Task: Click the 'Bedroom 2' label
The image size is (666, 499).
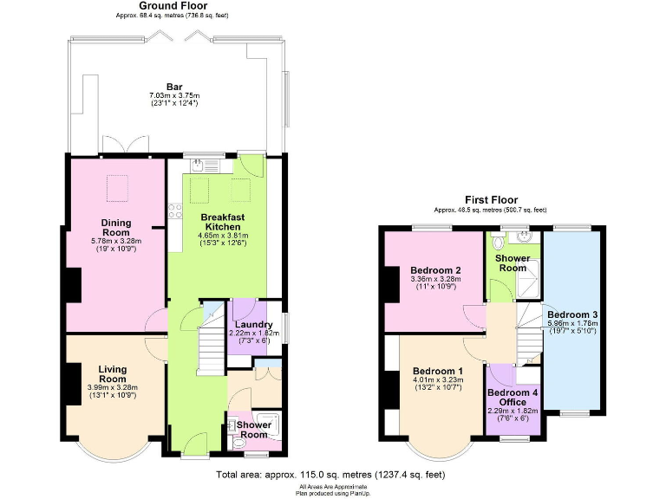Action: pos(434,269)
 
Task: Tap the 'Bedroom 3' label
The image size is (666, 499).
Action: pos(571,314)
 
